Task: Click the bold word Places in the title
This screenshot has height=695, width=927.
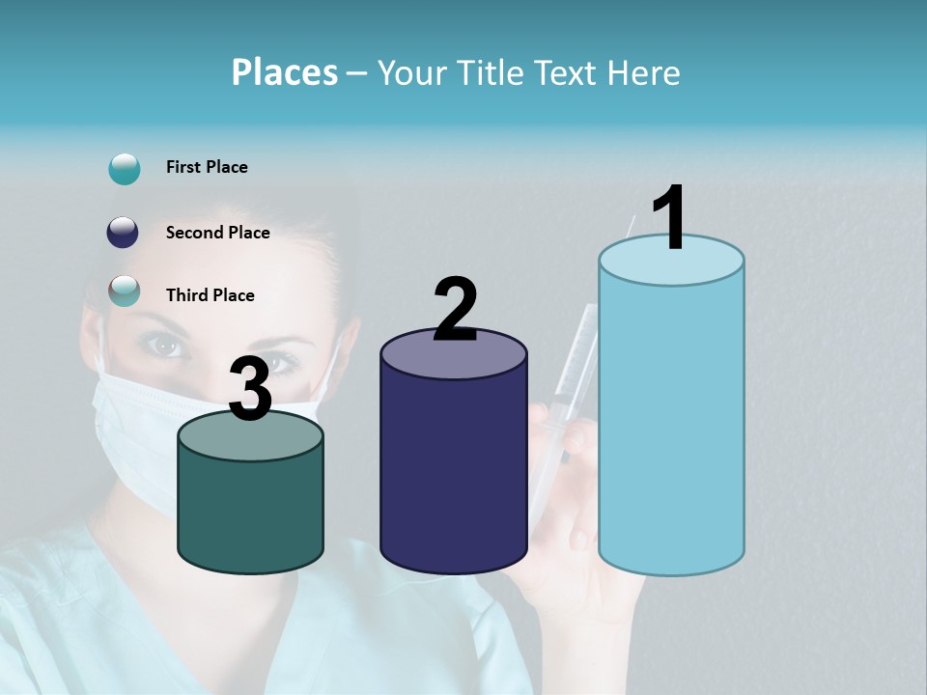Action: [x=285, y=72]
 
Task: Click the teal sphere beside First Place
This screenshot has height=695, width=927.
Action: [x=125, y=168]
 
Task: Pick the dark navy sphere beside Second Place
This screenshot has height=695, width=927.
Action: [x=124, y=233]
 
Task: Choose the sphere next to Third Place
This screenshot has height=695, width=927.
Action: [x=125, y=291]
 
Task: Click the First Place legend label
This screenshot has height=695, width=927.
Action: [x=207, y=167]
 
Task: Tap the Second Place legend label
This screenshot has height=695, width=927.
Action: [x=217, y=233]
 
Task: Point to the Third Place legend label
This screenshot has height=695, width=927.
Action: [x=210, y=295]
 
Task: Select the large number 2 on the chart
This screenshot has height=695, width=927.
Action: [x=455, y=309]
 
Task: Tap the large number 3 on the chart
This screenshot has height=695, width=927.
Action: [x=250, y=390]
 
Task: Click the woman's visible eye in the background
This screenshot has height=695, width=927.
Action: [x=166, y=344]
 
